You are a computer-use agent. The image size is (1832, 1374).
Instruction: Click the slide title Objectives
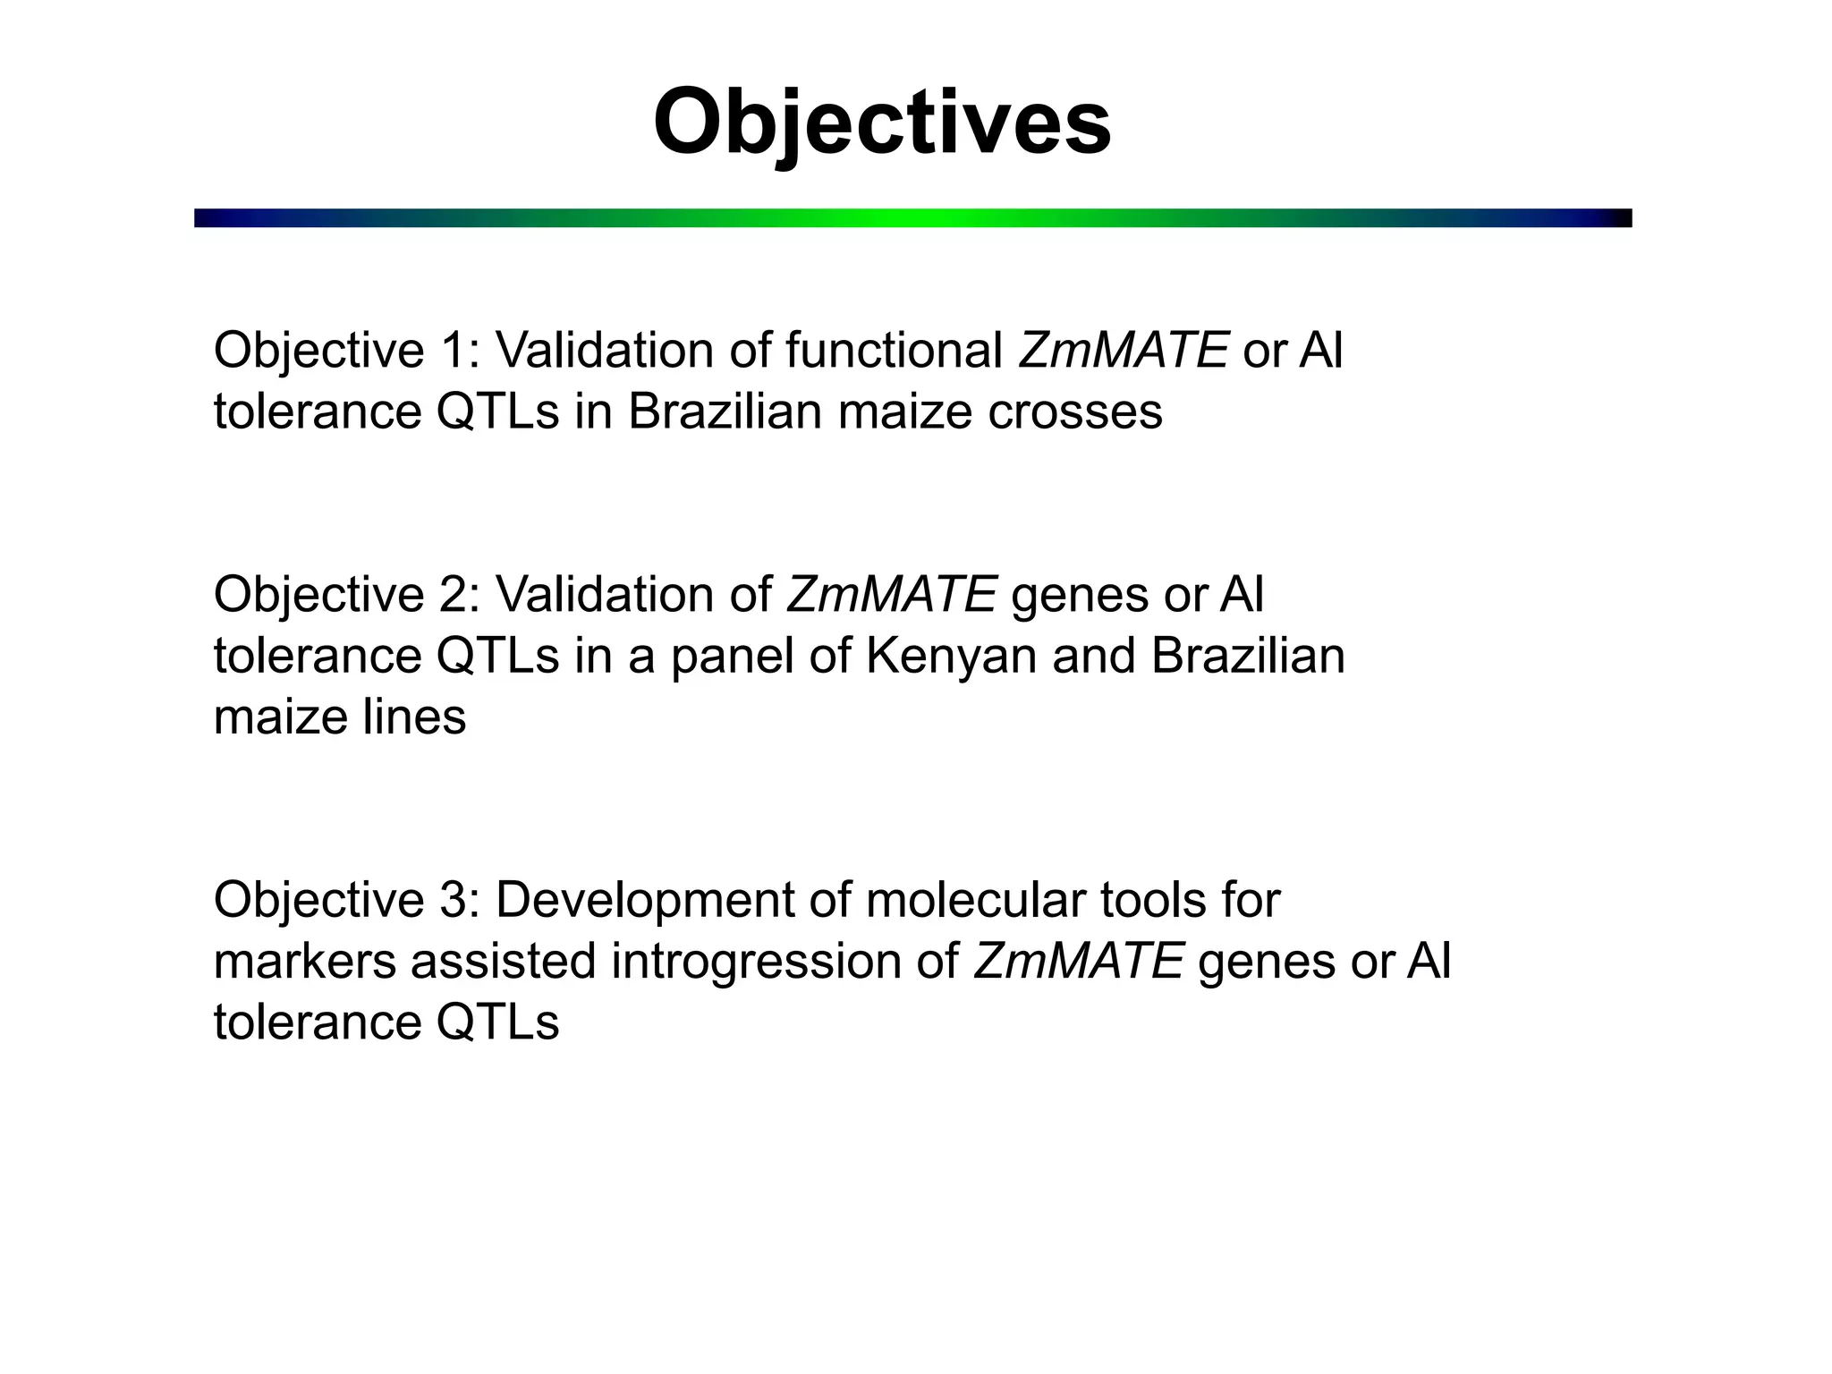882,122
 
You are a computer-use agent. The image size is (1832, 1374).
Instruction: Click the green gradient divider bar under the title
912,218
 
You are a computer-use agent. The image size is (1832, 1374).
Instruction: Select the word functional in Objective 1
894,350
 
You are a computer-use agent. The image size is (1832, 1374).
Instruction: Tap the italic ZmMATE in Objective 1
1123,350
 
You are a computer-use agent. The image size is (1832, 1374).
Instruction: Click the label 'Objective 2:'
347,594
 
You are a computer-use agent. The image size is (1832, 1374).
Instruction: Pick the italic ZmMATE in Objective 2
892,594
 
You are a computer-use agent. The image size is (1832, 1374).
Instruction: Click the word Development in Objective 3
645,900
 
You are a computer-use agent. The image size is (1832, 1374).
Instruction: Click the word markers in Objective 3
304,962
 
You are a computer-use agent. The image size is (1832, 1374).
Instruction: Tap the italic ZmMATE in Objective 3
1079,962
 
